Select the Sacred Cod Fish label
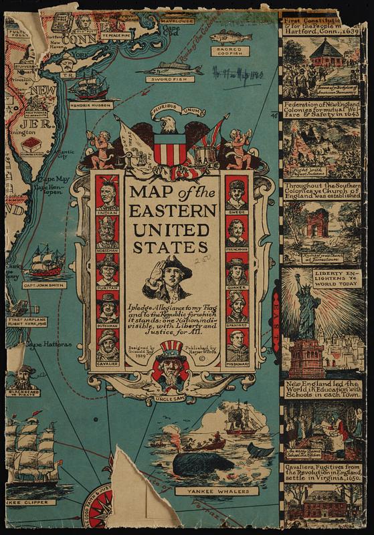[x=229, y=51]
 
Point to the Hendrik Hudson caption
[x=90, y=105]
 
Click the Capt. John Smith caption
[x=44, y=285]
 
